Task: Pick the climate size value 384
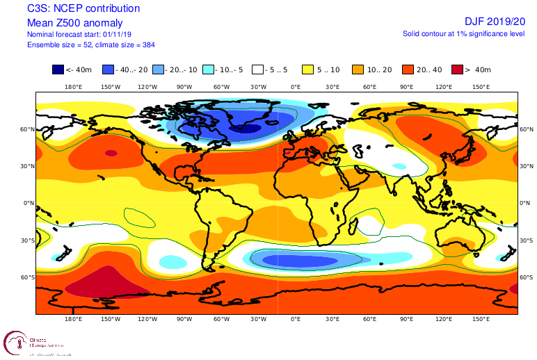[x=147, y=44]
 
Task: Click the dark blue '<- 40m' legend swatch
[x=58, y=69]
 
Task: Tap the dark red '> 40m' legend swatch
[x=456, y=69]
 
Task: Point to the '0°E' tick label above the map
[x=295, y=87]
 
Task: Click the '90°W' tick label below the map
[x=184, y=320]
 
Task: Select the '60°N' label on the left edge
[x=27, y=129]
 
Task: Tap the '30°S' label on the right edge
[x=527, y=240]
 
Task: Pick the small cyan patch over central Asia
[x=399, y=167]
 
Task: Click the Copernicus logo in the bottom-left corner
[x=15, y=343]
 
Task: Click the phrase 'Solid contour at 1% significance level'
[x=463, y=33]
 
